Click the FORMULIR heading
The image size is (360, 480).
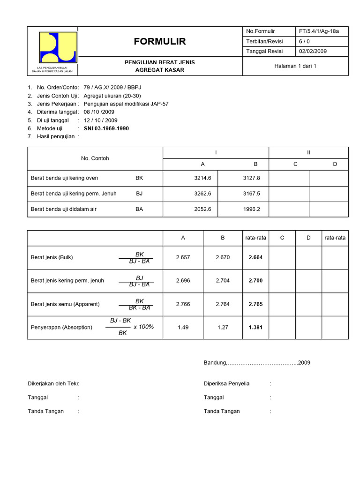coord(160,42)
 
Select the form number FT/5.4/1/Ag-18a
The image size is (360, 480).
coord(318,31)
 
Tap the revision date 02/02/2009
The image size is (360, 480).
coord(313,52)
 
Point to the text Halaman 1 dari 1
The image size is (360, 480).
coord(295,66)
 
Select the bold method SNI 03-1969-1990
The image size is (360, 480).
coord(106,128)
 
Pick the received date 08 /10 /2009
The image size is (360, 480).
coord(99,112)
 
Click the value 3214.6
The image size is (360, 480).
coord(202,178)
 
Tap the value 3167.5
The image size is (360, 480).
coord(251,194)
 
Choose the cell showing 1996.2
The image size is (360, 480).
coord(251,209)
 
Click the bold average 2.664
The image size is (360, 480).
coord(255,257)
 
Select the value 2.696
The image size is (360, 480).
coord(183,281)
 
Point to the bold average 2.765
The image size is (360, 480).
coord(255,304)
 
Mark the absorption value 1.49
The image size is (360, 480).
coord(183,328)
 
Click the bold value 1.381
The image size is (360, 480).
coord(255,328)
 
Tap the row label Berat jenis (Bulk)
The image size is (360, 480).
coord(52,257)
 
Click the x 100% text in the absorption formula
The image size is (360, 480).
coord(143,327)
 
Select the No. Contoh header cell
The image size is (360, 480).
coord(95,158)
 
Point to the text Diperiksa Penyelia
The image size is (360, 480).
coord(226,383)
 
